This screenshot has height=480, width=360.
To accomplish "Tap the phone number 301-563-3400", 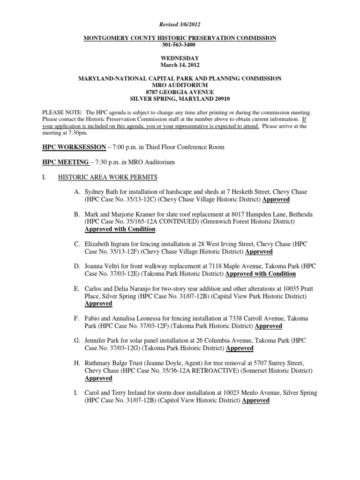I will (180, 45).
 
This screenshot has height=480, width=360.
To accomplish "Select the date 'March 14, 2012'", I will (180, 65).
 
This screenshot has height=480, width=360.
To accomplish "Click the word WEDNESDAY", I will (180, 58).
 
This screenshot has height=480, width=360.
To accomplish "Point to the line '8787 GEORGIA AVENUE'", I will (180, 92).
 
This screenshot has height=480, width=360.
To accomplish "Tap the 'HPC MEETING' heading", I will (66, 162).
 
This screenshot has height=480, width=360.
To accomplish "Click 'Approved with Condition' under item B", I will (120, 229).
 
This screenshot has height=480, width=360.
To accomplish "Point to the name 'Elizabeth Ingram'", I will (108, 244).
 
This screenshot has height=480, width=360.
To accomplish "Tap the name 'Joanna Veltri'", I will (104, 266).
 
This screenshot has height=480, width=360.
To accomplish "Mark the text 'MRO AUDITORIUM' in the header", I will (180, 85).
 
